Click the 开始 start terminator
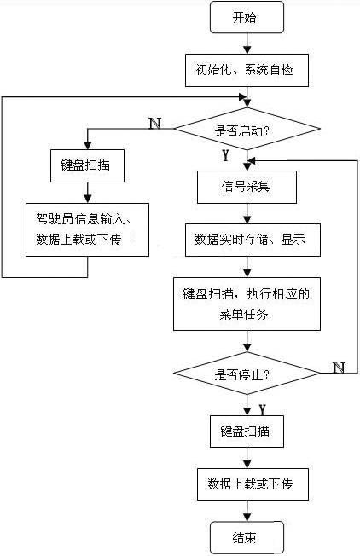(247, 17)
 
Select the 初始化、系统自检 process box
(247, 71)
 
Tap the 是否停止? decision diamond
(247, 374)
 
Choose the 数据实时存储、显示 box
(247, 240)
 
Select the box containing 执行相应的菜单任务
(247, 304)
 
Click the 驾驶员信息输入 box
(88, 228)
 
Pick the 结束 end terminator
(247, 538)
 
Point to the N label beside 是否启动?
(154, 123)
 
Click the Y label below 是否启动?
(225, 156)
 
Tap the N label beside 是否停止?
(338, 367)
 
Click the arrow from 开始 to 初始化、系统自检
(247, 43)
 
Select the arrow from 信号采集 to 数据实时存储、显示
(247, 213)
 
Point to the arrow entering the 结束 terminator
(247, 512)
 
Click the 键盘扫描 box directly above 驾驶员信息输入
(88, 165)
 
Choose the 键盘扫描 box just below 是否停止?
(247, 431)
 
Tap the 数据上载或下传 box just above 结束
(247, 484)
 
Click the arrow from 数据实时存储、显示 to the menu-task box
(247, 266)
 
